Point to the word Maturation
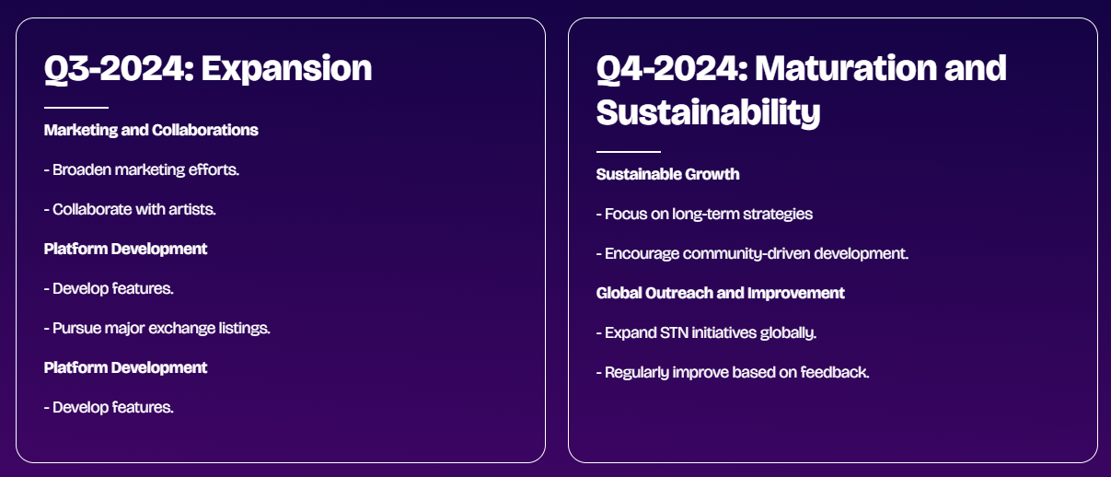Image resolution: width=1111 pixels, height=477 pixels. (847, 68)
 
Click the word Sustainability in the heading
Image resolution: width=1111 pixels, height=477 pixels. (708, 113)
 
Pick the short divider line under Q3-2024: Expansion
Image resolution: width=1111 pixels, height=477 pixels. (76, 107)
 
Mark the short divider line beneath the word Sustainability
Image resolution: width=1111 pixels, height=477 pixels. (629, 151)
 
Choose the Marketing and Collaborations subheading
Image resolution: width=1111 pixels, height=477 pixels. (151, 130)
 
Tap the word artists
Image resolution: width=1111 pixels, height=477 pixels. (192, 209)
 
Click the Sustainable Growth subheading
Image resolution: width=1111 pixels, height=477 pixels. (667, 174)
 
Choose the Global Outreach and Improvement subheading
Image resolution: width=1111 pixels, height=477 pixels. (720, 293)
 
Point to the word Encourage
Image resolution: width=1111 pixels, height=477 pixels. (642, 253)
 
